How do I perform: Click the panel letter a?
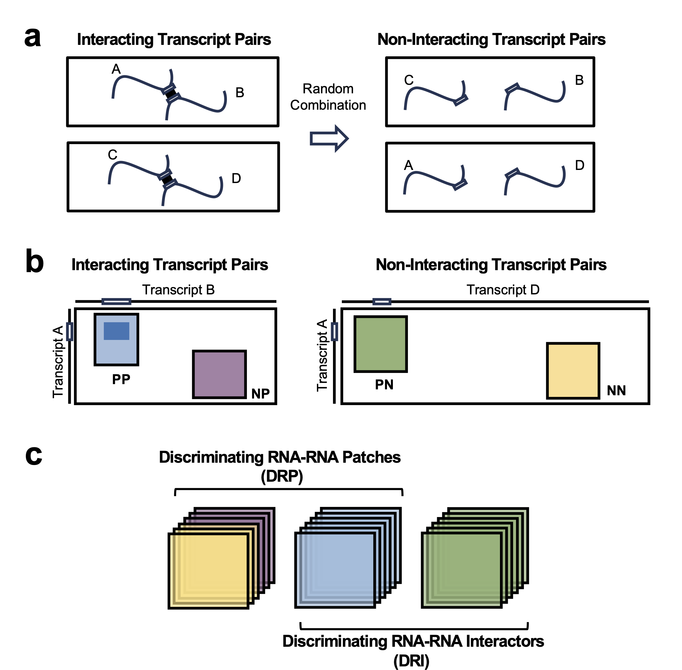click(32, 38)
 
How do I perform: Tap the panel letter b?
click(34, 261)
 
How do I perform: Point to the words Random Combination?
click(328, 97)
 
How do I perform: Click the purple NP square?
click(219, 374)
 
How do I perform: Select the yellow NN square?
click(573, 371)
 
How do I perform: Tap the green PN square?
click(381, 344)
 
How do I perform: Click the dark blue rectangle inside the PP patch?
click(117, 331)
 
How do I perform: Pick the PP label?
click(121, 379)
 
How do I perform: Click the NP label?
click(260, 393)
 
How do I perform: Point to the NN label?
click(616, 390)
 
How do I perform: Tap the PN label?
click(384, 385)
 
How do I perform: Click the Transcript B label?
click(178, 289)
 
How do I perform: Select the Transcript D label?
click(503, 289)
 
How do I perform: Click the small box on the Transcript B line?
click(117, 301)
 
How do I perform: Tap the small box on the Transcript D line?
click(382, 301)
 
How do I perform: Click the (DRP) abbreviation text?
click(282, 476)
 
